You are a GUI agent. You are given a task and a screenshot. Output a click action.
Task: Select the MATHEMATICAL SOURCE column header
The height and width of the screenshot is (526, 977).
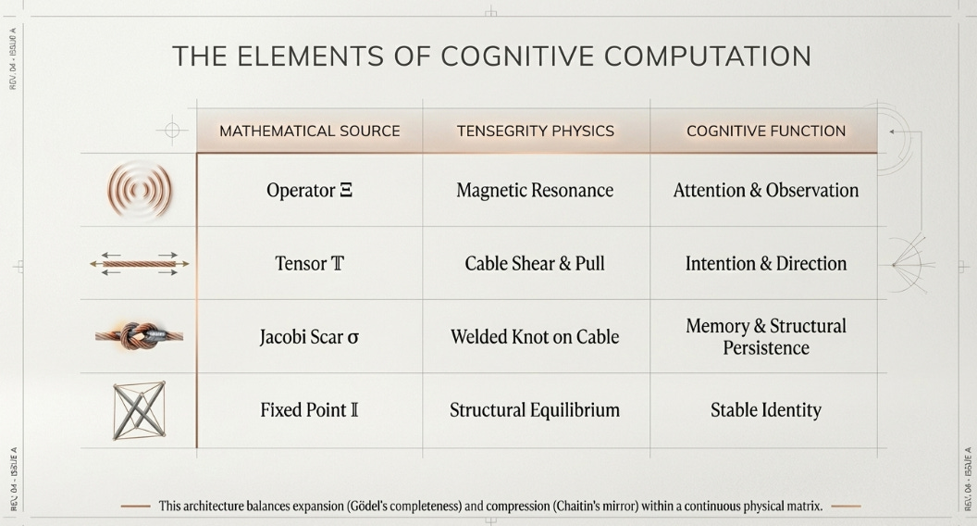(x=310, y=131)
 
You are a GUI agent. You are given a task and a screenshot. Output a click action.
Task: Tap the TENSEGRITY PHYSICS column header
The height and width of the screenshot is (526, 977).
(x=536, y=131)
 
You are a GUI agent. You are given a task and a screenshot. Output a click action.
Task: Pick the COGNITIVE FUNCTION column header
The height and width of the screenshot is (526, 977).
(x=766, y=131)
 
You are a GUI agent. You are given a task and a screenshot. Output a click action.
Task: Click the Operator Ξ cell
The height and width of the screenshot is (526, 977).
(x=309, y=191)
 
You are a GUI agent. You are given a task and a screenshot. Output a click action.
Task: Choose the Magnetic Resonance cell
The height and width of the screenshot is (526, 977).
(x=535, y=191)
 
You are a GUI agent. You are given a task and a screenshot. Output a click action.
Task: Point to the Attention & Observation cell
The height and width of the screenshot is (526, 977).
(x=766, y=191)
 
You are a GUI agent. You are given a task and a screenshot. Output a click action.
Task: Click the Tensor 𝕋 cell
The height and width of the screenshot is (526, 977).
(x=309, y=263)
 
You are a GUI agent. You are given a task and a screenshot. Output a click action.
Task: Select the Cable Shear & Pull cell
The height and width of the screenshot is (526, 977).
(x=535, y=263)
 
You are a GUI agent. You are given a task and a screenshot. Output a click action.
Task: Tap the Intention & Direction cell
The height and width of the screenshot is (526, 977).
(x=766, y=263)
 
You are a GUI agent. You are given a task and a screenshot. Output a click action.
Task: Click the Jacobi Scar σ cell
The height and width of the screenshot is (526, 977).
(x=309, y=336)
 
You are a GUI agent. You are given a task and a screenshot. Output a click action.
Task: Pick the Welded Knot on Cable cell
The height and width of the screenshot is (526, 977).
(x=535, y=336)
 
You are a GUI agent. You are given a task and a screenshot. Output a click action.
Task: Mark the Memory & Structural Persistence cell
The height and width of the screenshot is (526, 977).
(x=766, y=337)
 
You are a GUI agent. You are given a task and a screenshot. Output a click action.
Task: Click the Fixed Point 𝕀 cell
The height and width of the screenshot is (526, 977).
(x=309, y=409)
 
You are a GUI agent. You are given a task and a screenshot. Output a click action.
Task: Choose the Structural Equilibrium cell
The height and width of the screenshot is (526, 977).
(x=535, y=409)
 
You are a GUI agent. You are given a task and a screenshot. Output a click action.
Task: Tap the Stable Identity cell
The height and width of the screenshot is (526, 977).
(x=766, y=409)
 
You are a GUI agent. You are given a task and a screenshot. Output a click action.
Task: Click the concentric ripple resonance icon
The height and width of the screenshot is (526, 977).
(x=139, y=191)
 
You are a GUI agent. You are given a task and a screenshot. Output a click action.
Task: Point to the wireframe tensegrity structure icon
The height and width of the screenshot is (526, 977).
(x=139, y=409)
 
